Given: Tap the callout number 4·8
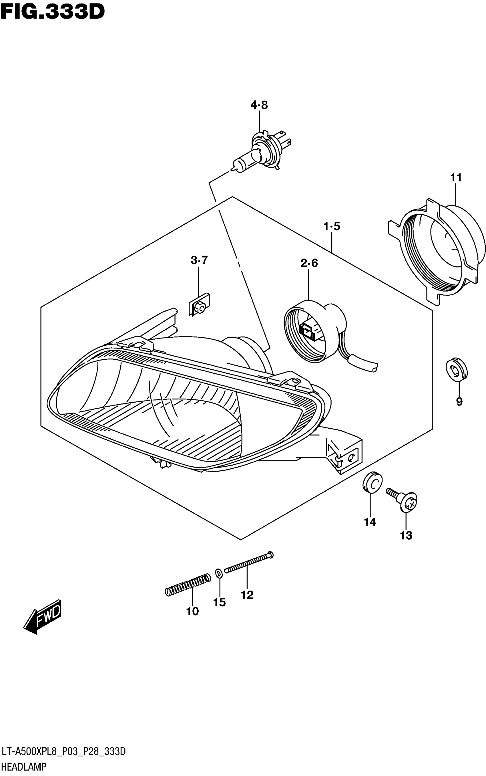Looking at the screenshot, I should click(x=259, y=105).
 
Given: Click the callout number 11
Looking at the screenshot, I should click(x=456, y=178).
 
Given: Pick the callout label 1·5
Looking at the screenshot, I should click(x=332, y=227).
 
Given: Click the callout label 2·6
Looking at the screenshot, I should click(x=309, y=263).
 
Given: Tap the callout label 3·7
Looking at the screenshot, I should click(x=199, y=260).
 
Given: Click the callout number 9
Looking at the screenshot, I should click(x=459, y=401).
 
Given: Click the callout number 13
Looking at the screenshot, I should click(x=406, y=535).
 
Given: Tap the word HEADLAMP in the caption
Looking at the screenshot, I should click(x=24, y=767).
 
